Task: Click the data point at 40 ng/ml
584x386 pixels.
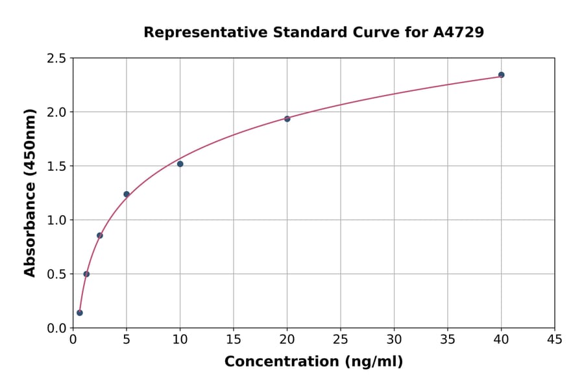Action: point(501,75)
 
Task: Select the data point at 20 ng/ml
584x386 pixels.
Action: point(287,119)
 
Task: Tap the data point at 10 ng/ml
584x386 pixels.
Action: point(180,164)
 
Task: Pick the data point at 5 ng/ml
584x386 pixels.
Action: point(127,194)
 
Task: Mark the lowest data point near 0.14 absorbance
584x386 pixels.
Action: point(80,313)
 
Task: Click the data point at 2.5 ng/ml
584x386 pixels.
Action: point(100,235)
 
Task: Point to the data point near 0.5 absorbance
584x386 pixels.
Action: point(86,274)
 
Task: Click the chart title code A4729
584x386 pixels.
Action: point(458,32)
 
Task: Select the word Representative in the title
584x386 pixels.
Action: point(199,32)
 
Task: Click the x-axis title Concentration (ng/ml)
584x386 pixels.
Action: point(313,361)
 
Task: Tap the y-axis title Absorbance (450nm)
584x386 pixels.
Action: point(30,193)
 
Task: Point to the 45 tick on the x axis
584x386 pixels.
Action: point(555,339)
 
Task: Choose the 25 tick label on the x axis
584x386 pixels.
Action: point(341,339)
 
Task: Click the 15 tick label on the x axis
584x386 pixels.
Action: point(234,339)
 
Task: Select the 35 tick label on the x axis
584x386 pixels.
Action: point(448,339)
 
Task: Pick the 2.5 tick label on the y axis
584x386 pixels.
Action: point(56,58)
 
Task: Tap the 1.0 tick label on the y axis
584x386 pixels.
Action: point(56,220)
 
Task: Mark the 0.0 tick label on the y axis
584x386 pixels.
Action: point(56,328)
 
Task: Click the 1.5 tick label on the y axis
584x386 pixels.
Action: point(56,166)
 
